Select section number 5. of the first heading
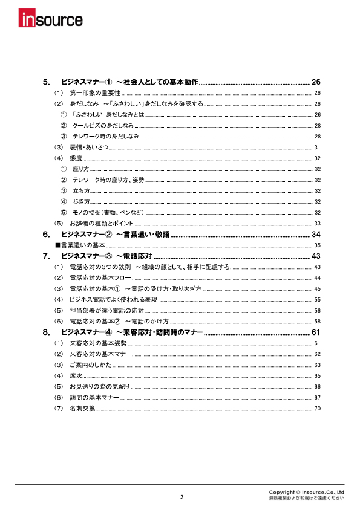tap(47, 82)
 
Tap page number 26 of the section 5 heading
tap(315, 82)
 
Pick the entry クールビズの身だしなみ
tap(103, 126)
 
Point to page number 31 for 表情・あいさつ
tap(317, 148)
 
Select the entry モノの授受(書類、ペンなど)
tap(108, 213)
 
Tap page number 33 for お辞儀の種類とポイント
tap(317, 224)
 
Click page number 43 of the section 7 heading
tap(315, 256)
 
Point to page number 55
tap(317, 300)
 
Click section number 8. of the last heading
tap(47, 332)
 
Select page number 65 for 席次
tap(317, 376)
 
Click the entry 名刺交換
tap(82, 409)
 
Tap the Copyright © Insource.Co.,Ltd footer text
tap(307, 493)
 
